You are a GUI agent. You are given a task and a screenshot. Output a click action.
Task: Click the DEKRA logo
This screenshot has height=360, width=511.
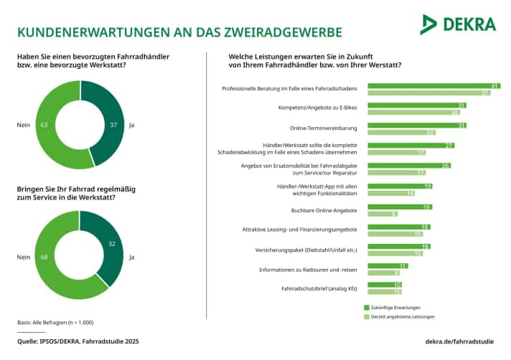458,24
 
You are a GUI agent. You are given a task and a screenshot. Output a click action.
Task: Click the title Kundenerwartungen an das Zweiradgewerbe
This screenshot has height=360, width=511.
179,32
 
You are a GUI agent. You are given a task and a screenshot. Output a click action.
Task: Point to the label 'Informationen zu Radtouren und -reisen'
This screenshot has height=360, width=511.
309,269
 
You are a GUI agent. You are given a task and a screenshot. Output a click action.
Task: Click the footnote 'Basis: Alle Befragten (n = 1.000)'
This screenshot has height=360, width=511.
55,322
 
